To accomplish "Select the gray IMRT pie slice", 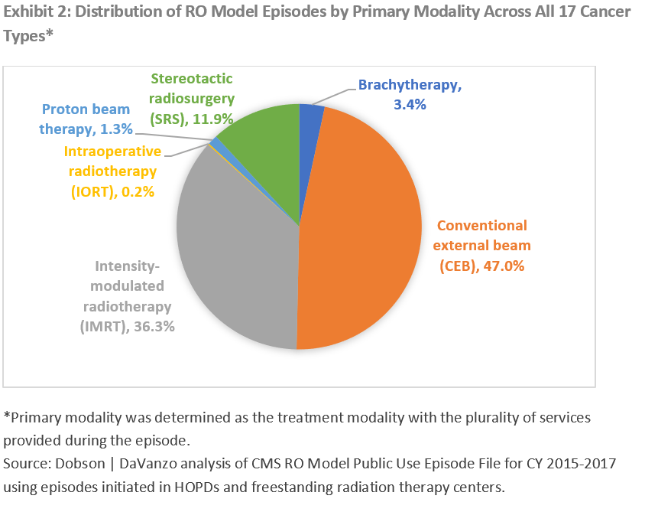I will pyautogui.click(x=237, y=260).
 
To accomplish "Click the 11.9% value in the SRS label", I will pyautogui.click(x=209, y=118).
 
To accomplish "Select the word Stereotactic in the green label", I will pyautogui.click(x=191, y=78).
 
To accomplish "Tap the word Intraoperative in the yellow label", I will pyautogui.click(x=111, y=152).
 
